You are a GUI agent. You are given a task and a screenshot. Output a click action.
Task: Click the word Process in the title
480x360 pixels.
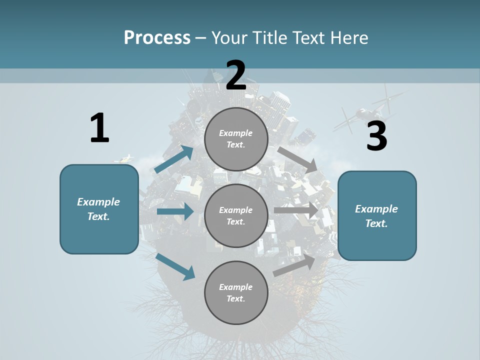157,37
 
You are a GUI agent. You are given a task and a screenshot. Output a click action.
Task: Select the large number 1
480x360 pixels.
99,128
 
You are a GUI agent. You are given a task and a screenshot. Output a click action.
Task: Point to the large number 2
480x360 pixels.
236,75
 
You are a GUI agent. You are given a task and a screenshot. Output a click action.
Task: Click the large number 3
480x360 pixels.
376,136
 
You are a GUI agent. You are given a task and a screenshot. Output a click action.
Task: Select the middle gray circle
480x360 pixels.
236,215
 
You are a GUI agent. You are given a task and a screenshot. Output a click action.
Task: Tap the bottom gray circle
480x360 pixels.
236,292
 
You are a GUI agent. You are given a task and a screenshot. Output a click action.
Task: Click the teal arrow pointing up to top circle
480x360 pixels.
174,159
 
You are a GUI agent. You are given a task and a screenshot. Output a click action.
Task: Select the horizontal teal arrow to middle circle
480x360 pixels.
175,211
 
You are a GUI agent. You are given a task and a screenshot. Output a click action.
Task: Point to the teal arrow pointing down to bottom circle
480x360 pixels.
175,266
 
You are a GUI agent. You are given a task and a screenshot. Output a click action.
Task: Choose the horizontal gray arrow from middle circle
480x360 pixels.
296,210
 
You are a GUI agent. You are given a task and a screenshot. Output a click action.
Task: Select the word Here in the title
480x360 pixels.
349,37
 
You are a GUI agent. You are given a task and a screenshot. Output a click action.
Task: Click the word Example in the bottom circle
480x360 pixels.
236,287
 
